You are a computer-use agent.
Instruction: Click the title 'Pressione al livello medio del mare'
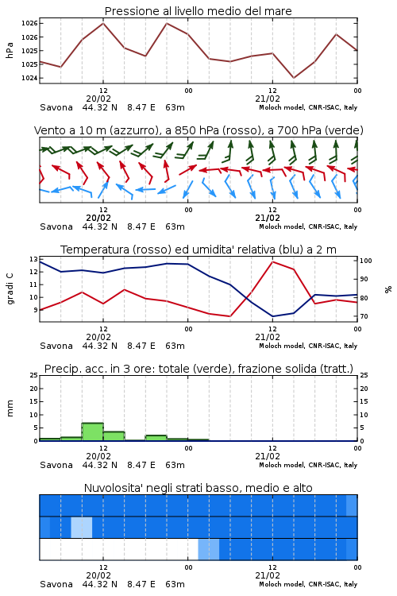pyautogui.click(x=198, y=11)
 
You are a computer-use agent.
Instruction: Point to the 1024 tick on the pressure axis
pyautogui.click(x=29, y=78)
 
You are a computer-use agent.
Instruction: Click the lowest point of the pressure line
pyautogui.click(x=294, y=78)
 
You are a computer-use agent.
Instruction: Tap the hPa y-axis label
pyautogui.click(x=10, y=50)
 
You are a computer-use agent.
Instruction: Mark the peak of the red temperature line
pyautogui.click(x=273, y=261)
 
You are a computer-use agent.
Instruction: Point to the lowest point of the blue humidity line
pyautogui.click(x=273, y=316)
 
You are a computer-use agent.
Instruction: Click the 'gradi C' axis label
pyautogui.click(x=10, y=288)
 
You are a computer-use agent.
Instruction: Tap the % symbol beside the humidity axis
pyautogui.click(x=388, y=289)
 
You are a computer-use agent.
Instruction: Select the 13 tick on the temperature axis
pyautogui.click(x=33, y=259)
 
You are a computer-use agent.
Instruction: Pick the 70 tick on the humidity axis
pyautogui.click(x=364, y=316)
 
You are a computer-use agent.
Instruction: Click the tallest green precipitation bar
pyautogui.click(x=93, y=432)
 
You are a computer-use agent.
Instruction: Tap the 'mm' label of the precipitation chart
pyautogui.click(x=10, y=408)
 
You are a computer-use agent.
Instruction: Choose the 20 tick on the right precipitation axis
pyautogui.click(x=364, y=389)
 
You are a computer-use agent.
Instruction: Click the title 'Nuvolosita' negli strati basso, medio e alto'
pyautogui.click(x=198, y=488)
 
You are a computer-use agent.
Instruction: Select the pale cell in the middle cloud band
pyautogui.click(x=82, y=527)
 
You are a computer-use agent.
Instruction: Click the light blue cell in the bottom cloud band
pyautogui.click(x=209, y=549)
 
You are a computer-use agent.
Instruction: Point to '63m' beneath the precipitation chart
pyautogui.click(x=175, y=465)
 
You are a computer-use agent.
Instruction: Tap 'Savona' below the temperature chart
pyautogui.click(x=56, y=346)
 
